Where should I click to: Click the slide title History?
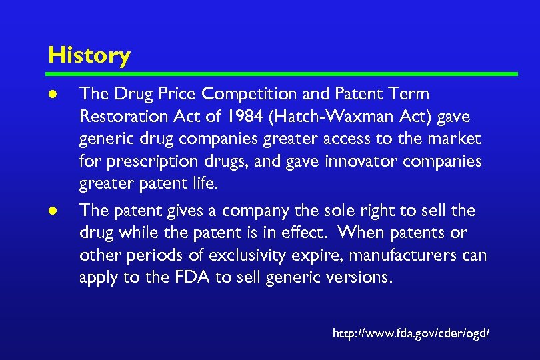coord(89,55)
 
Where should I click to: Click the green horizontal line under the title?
coord(283,73)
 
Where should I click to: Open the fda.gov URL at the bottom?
coord(411,331)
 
